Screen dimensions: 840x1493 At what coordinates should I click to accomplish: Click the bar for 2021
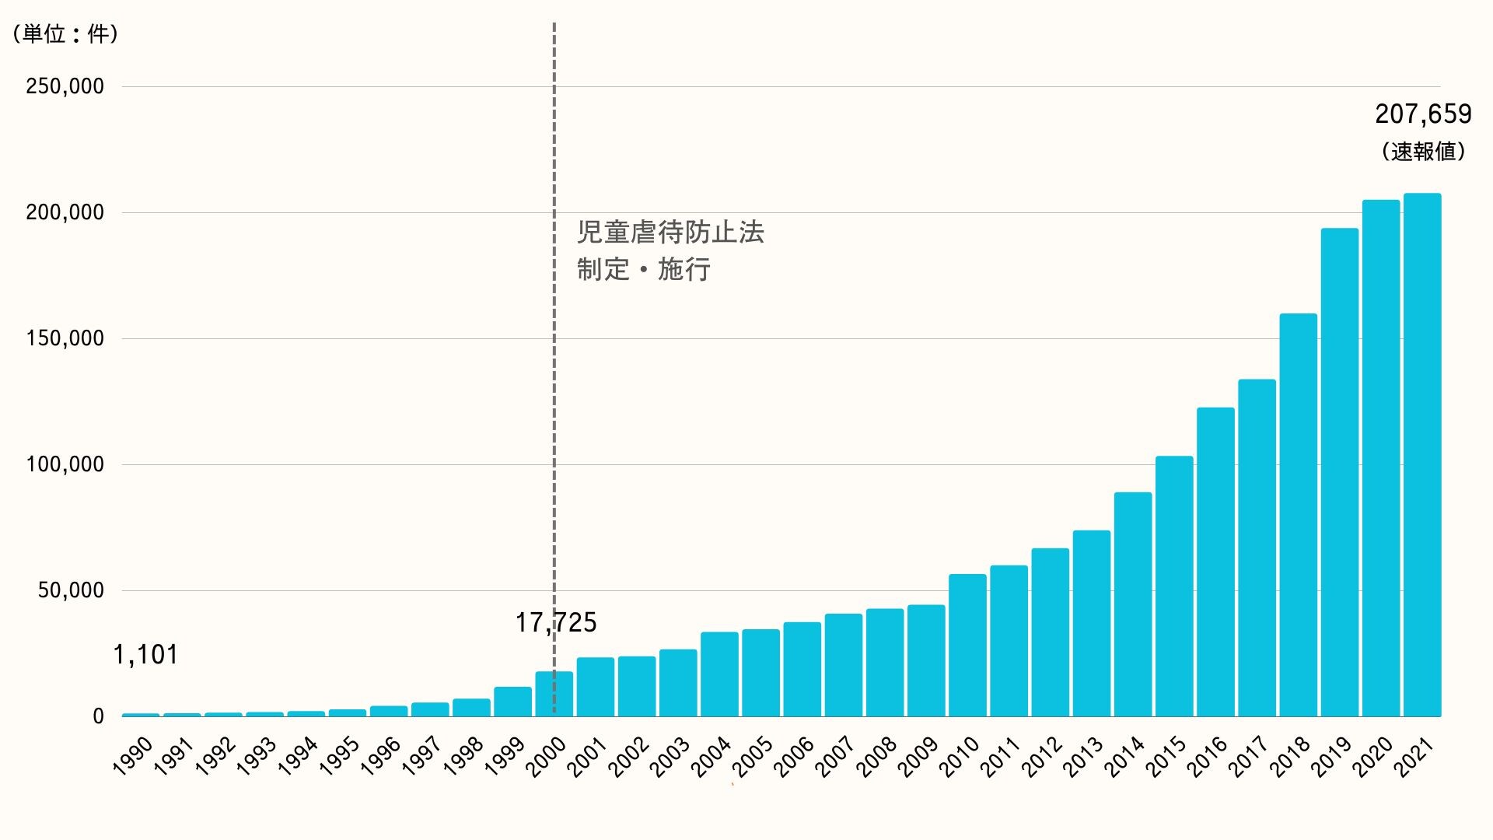click(1422, 455)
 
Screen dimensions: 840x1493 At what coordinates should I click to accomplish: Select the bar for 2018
click(1298, 515)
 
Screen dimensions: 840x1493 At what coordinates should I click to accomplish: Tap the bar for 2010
click(967, 645)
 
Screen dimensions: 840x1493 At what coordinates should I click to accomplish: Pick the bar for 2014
click(1133, 604)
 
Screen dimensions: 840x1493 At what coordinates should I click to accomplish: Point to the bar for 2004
click(719, 674)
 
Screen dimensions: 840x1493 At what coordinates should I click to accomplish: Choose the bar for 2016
click(1215, 562)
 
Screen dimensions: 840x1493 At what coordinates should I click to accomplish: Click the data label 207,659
click(1423, 114)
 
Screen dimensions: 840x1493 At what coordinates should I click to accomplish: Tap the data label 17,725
click(556, 622)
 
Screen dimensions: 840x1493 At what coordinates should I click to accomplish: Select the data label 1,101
click(145, 655)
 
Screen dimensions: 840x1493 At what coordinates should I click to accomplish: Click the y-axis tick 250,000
click(65, 86)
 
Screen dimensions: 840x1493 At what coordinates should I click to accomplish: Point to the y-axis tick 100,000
click(65, 464)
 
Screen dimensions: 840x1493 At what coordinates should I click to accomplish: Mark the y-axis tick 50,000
click(71, 590)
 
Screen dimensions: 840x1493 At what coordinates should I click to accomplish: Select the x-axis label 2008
click(878, 756)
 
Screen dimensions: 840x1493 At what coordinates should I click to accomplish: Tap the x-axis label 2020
click(1374, 756)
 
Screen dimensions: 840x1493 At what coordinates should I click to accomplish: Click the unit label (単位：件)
click(65, 33)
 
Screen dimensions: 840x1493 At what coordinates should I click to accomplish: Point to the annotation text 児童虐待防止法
click(670, 233)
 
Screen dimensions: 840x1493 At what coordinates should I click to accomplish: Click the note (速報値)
click(1423, 151)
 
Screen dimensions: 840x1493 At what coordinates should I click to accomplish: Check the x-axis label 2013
click(1085, 756)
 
